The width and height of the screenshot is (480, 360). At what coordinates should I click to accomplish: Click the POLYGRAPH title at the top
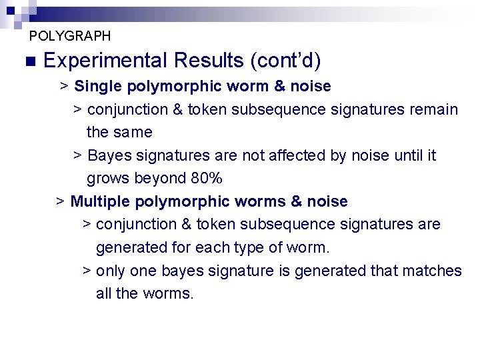70,36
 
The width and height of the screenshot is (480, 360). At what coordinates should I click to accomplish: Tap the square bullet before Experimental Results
28,61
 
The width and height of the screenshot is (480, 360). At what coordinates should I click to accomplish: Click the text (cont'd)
285,61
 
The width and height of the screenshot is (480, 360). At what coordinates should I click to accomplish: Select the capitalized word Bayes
109,156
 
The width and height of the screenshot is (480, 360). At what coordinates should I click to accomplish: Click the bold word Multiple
98,201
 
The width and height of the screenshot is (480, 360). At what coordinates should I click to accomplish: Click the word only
111,271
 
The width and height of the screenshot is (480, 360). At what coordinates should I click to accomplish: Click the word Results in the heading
208,61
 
